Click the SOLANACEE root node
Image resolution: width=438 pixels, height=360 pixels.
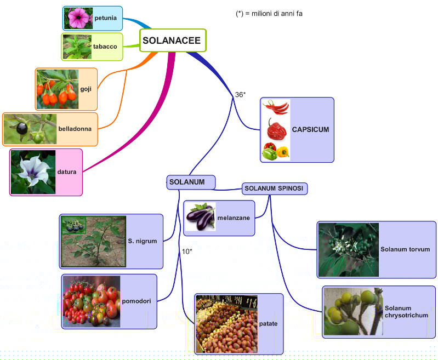[x=172, y=40]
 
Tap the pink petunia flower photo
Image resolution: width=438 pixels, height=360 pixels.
[x=77, y=18]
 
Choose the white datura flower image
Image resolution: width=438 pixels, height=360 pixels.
[x=33, y=172]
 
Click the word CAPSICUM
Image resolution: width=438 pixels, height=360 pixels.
[x=310, y=130]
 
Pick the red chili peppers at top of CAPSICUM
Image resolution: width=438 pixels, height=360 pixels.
[x=276, y=107]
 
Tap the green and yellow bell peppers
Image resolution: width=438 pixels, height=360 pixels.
[x=276, y=151]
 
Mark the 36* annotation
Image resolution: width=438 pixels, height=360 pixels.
[x=240, y=95]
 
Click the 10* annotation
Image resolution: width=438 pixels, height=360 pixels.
[x=187, y=252]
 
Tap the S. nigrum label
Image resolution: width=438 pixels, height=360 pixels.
[x=143, y=241]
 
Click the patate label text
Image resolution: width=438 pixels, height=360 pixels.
[x=269, y=324]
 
